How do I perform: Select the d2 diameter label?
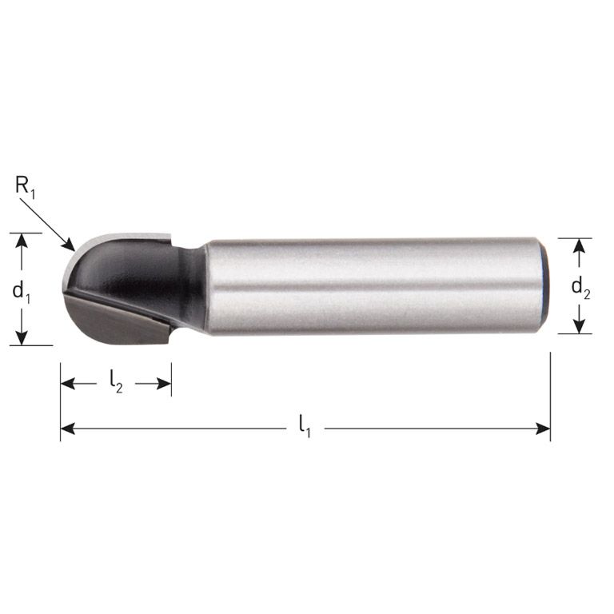click(581, 289)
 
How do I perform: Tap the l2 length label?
click(116, 384)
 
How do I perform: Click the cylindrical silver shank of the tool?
click(368, 285)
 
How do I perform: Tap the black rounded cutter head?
click(136, 272)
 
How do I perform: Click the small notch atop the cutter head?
click(165, 237)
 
